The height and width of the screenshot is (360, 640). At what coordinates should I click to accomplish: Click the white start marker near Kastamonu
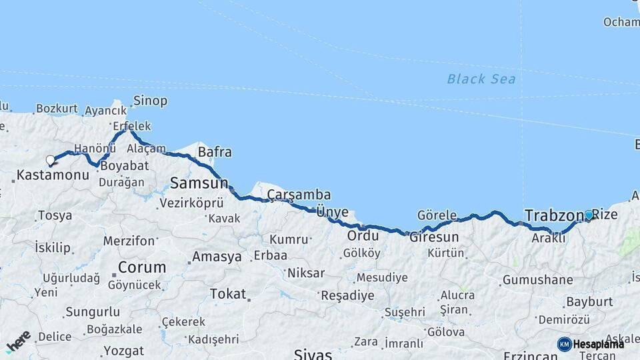point(50,160)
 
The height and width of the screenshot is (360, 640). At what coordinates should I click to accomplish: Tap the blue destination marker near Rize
point(589,215)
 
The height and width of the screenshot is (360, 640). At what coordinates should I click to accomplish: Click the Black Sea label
point(481,79)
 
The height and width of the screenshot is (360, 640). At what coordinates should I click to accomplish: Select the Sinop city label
point(150,101)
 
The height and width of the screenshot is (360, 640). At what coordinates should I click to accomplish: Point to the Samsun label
point(199,182)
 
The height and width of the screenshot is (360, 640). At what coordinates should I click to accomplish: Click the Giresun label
point(434,237)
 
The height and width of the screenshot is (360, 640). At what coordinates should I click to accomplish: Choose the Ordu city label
point(363,235)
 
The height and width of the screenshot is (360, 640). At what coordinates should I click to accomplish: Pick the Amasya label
point(217,257)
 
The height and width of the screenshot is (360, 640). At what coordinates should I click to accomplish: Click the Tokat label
point(228,293)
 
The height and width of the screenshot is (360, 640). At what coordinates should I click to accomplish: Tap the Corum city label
point(142,267)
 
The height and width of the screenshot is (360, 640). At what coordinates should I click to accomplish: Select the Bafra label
point(215,152)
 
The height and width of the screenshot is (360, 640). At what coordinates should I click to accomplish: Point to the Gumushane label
point(537,280)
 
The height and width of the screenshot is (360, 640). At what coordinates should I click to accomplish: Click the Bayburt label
point(589,301)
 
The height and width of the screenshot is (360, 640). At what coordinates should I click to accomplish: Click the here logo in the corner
point(19,341)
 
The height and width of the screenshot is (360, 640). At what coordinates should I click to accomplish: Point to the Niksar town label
point(306,273)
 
